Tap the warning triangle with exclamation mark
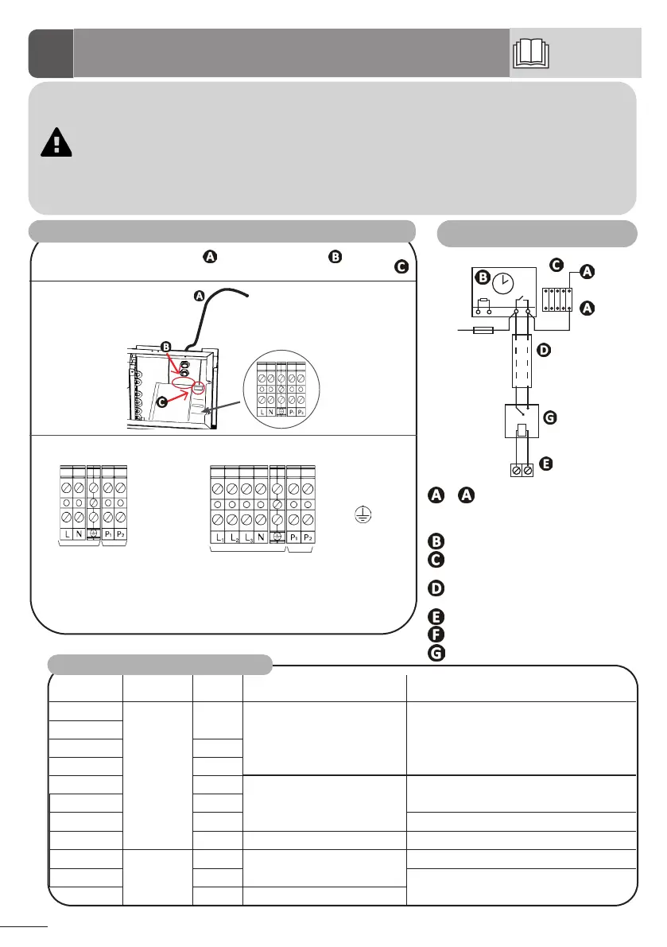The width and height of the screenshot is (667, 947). [55, 141]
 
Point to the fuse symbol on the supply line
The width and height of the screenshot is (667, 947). [483, 328]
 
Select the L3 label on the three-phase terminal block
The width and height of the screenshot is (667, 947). [249, 536]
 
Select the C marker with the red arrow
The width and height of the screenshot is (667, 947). [161, 403]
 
